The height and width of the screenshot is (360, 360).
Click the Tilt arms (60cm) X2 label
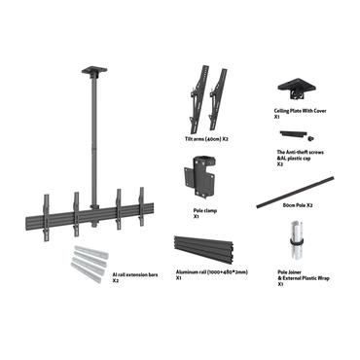click(x=206, y=139)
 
